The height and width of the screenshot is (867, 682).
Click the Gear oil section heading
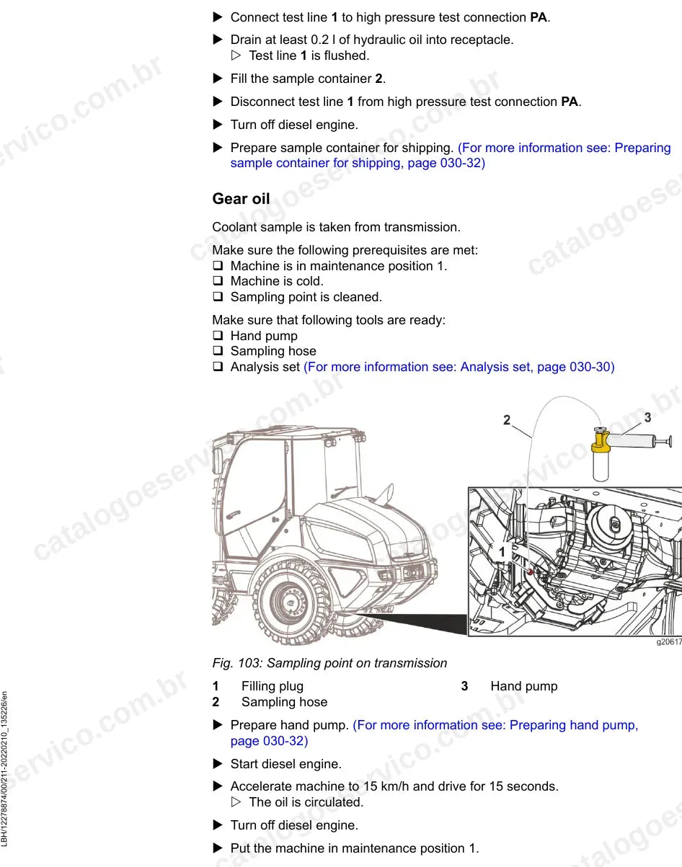(241, 199)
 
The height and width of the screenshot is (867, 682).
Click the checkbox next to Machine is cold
(218, 281)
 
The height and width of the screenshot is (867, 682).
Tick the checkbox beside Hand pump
(218, 336)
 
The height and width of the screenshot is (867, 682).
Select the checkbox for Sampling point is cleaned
(218, 297)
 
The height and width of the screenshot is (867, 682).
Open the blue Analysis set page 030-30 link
(459, 367)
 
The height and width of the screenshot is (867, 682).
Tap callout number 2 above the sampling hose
(507, 420)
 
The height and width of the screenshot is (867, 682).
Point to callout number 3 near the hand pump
(647, 417)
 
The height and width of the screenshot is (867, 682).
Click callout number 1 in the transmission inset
(502, 552)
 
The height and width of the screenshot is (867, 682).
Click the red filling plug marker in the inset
(531, 572)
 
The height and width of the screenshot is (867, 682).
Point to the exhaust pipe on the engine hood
(385, 494)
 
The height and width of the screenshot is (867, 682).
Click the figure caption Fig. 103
(329, 663)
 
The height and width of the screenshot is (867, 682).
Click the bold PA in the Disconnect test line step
(570, 102)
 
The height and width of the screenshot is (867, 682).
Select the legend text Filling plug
(273, 686)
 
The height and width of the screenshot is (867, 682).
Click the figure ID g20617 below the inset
(669, 642)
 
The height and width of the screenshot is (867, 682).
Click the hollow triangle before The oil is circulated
(236, 801)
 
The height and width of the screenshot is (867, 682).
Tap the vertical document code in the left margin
(4, 769)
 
